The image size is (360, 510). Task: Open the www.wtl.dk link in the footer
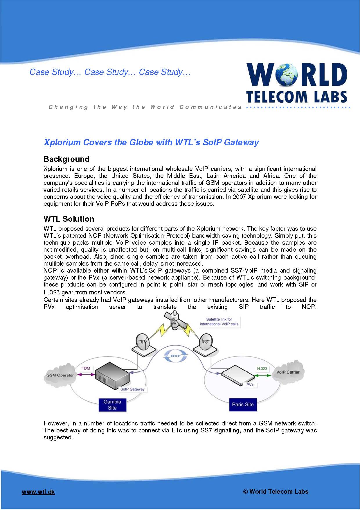(x=38, y=492)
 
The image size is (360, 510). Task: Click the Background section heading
(x=66, y=159)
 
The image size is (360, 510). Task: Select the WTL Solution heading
(x=69, y=219)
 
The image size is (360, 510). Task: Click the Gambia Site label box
(x=112, y=405)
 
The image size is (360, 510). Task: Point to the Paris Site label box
(x=243, y=405)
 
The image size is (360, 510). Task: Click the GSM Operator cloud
(x=60, y=375)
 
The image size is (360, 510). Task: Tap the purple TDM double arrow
(x=86, y=375)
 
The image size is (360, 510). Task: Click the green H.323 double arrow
(x=263, y=375)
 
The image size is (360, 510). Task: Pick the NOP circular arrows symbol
(x=176, y=356)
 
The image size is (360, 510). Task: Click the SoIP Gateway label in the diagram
(x=132, y=389)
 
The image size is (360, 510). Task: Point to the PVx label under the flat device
(x=250, y=384)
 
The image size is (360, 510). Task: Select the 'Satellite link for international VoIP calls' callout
(x=219, y=321)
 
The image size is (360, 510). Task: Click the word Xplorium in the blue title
(x=62, y=142)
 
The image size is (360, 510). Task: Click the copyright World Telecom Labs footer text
(x=276, y=491)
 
